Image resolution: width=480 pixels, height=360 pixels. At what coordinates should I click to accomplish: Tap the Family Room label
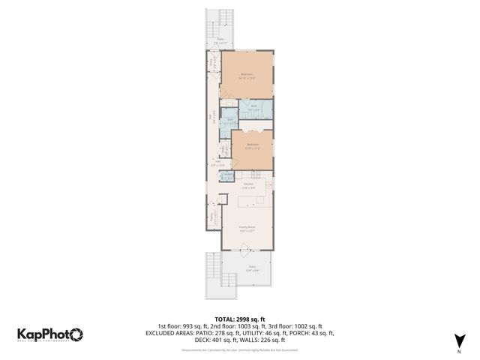pos(247,228)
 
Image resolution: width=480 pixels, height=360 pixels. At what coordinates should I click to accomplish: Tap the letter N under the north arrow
pos(458,351)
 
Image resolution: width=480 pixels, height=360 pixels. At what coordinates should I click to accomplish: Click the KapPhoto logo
pos(50,334)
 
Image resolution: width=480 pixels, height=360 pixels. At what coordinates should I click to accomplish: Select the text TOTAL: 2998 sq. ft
pos(239,319)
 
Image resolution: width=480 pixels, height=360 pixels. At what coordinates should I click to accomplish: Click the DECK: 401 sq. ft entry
pos(212,339)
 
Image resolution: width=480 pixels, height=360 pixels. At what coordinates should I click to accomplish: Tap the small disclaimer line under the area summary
pos(239,349)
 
